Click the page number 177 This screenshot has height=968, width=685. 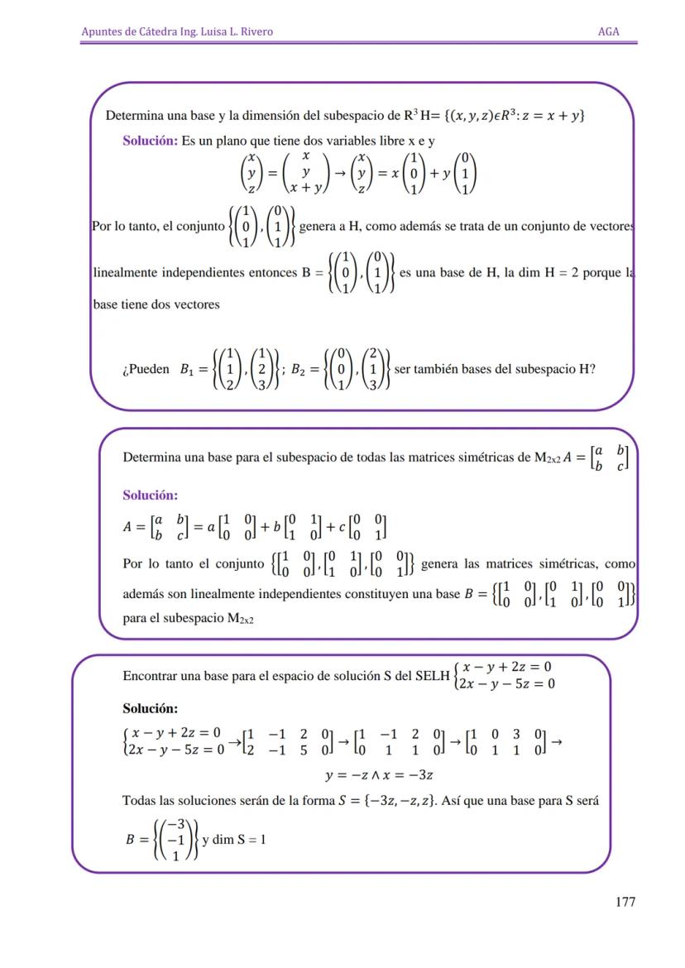[x=625, y=902]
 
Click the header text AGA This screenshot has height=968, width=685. [x=609, y=31]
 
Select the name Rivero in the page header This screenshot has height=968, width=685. [x=255, y=31]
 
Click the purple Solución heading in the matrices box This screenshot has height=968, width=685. [x=151, y=495]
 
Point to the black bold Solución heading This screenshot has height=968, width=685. [x=151, y=709]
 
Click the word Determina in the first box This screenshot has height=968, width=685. [x=133, y=115]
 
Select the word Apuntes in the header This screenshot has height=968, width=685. [x=102, y=31]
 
